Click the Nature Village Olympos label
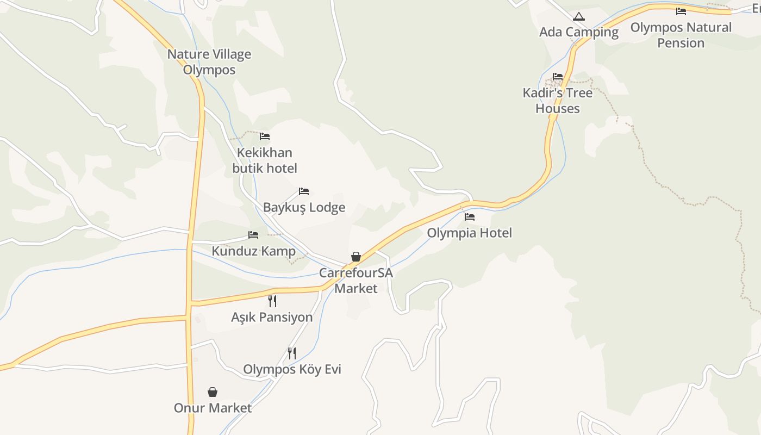pos(209,62)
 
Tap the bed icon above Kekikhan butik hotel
pos(265,136)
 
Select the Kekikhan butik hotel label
pos(265,160)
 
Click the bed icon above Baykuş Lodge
pos(304,191)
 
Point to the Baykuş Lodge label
pos(304,208)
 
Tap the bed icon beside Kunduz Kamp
pos(253,235)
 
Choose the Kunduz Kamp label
pos(253,251)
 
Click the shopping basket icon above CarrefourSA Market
pos(356,257)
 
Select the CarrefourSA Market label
pos(356,281)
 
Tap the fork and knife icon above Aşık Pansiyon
pos(272,301)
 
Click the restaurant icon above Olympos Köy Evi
pos(292,353)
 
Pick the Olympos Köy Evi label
pos(292,370)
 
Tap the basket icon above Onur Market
pos(213,392)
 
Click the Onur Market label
pos(213,408)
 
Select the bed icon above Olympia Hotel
pos(470,216)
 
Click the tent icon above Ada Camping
pos(579,17)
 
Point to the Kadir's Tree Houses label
pos(557,101)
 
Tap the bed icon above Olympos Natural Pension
pos(681,11)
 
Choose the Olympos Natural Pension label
pos(681,35)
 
